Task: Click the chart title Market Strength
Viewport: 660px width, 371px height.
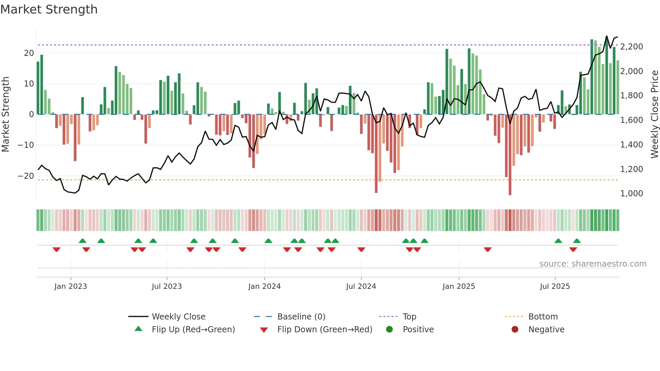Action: [x=49, y=9]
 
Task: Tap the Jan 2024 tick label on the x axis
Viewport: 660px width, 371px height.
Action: [x=264, y=286]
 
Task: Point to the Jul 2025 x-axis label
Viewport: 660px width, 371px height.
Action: [x=555, y=286]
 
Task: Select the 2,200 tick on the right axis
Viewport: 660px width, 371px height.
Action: [x=631, y=47]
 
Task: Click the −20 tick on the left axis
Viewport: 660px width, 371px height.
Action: [x=26, y=176]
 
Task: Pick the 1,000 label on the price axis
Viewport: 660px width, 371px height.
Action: [x=631, y=194]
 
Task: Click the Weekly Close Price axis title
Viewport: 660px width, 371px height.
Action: [x=654, y=114]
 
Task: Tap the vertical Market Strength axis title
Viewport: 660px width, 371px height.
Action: [x=5, y=114]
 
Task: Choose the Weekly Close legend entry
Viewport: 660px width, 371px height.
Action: [x=178, y=317]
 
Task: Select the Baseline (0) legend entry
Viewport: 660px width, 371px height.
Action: [x=301, y=317]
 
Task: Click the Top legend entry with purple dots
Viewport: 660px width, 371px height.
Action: [x=409, y=317]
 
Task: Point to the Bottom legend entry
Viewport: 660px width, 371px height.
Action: [x=543, y=317]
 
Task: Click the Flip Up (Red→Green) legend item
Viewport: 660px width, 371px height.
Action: [x=193, y=330]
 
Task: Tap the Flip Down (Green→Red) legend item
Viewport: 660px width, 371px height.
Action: [x=324, y=330]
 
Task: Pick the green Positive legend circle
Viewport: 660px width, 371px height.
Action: [x=390, y=330]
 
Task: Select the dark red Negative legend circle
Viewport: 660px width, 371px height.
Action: [x=515, y=330]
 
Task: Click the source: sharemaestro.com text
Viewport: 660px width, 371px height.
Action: [x=593, y=264]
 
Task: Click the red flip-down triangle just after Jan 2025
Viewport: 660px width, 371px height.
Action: [x=488, y=249]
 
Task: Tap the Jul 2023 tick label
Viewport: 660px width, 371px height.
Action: [x=167, y=286]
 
